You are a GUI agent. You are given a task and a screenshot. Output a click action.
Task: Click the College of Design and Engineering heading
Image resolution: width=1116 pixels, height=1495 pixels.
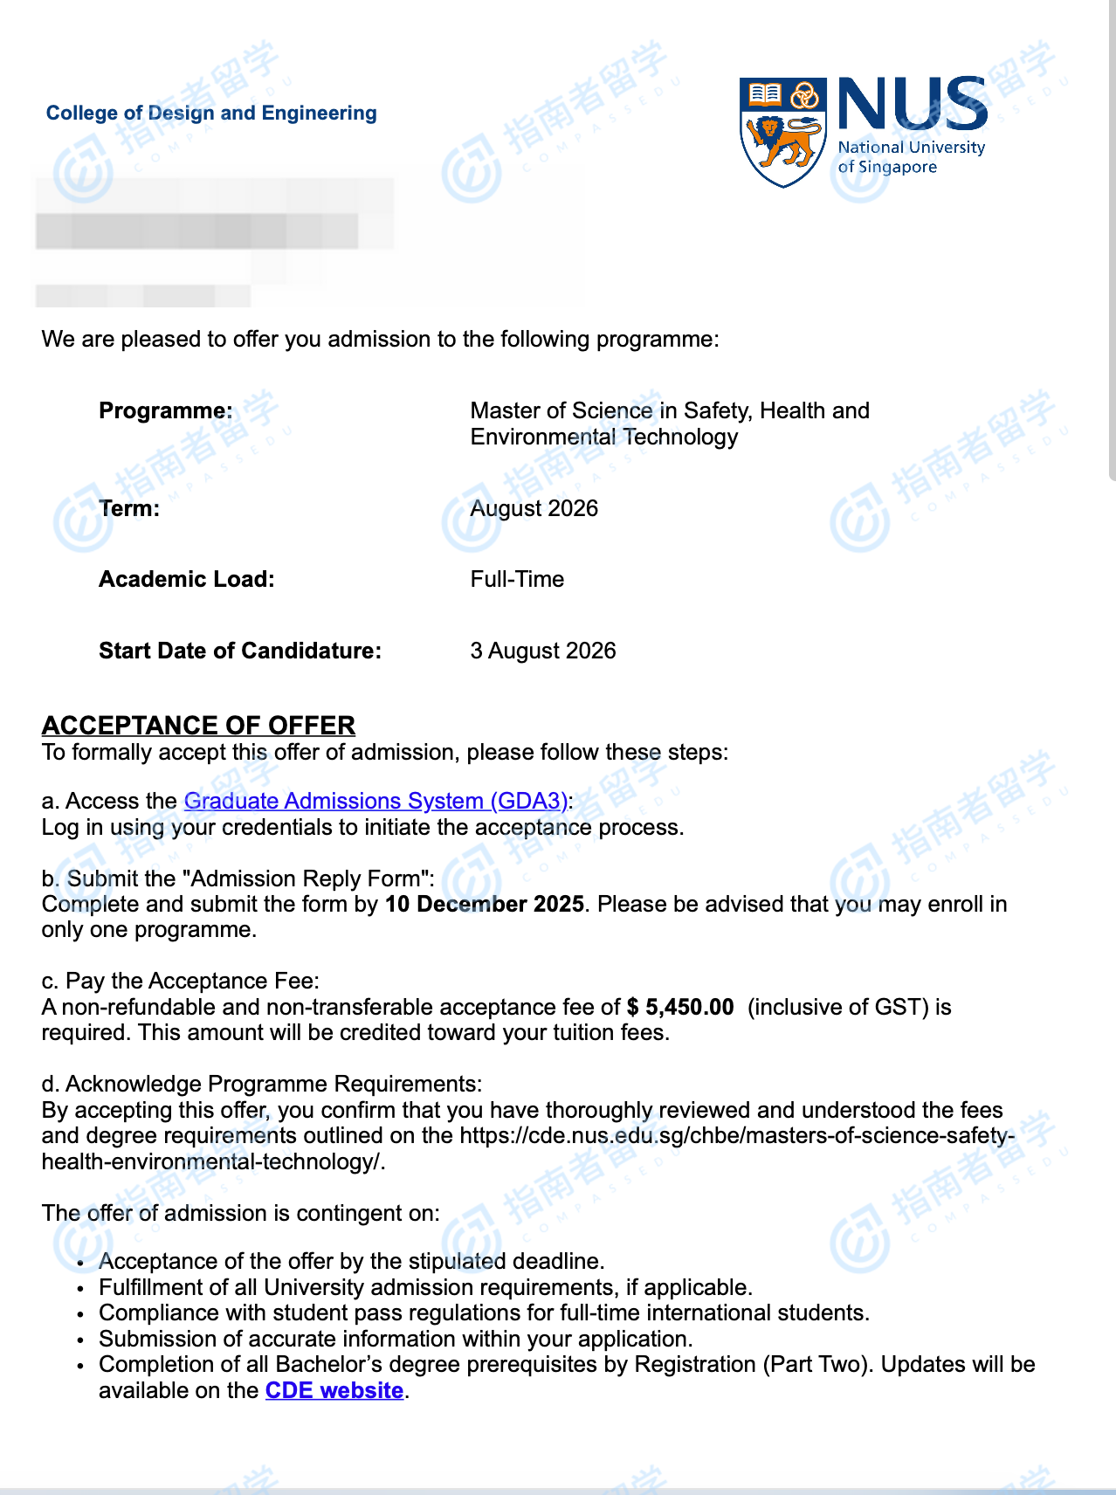[x=211, y=114]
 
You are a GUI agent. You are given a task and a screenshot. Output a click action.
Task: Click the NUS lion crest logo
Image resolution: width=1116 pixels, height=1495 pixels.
[x=782, y=131]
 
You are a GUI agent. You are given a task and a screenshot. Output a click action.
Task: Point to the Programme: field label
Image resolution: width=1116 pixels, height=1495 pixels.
[x=166, y=410]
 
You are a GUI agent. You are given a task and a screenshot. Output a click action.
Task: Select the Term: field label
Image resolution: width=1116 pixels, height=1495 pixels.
[x=129, y=509]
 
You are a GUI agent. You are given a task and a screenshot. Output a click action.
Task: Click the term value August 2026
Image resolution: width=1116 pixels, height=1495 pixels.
[x=534, y=509]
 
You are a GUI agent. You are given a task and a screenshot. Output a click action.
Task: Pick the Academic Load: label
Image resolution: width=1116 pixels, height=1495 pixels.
[x=187, y=580]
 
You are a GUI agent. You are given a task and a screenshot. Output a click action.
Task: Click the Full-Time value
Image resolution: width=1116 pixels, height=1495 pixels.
[x=517, y=580]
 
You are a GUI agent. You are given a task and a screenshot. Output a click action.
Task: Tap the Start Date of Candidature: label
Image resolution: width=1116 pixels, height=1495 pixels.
[x=240, y=651]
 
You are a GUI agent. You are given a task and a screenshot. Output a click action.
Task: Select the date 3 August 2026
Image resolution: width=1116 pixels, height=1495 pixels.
[x=542, y=651]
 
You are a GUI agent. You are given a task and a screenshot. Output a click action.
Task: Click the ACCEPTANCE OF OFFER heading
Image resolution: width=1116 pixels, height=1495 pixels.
[x=198, y=726]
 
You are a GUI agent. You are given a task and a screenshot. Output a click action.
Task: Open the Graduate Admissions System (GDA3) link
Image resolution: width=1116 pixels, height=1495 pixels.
[x=375, y=802]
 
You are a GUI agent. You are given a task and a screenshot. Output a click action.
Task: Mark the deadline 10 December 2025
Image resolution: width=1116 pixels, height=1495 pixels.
[x=485, y=905]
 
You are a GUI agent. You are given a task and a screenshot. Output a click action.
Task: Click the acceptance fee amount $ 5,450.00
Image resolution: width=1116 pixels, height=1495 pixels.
[x=680, y=1008]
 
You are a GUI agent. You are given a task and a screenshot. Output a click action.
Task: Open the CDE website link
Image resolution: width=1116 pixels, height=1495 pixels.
[x=334, y=1391]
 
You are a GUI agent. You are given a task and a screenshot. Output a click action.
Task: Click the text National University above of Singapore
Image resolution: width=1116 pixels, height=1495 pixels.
[x=911, y=148]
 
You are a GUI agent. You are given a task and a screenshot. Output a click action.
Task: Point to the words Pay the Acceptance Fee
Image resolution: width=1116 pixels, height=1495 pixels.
[x=192, y=982]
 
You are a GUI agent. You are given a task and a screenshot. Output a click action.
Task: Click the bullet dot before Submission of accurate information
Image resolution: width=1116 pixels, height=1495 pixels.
[x=80, y=1340]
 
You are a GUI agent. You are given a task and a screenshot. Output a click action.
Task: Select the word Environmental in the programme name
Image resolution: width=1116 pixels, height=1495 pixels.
[x=543, y=437]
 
